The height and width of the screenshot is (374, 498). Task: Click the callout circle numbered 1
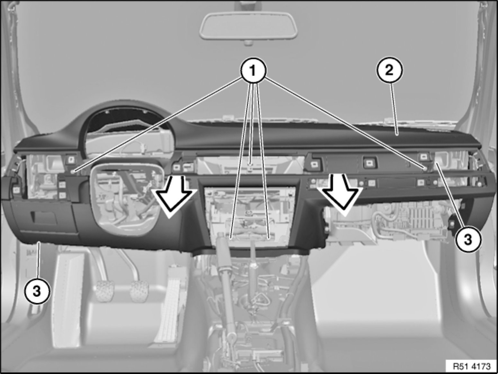(x=253, y=70)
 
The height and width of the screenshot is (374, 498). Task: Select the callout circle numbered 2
(x=389, y=70)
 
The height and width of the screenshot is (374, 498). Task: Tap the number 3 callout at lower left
(x=37, y=291)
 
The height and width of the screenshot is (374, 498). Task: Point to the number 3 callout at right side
(x=467, y=239)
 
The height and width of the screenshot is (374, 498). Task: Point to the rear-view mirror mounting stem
(x=248, y=43)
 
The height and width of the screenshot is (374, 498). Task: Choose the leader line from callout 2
(x=394, y=109)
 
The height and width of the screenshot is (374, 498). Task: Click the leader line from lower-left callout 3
(x=39, y=261)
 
